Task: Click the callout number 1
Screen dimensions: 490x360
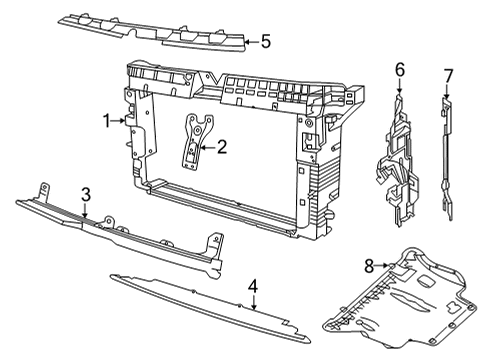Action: coord(106,121)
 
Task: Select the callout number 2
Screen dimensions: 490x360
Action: coord(222,147)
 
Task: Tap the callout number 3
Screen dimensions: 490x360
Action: coord(86,195)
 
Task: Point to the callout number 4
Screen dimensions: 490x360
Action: coord(253,286)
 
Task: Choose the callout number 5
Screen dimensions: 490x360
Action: coord(266,42)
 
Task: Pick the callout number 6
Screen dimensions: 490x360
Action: coord(400,70)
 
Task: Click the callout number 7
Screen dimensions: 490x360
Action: coord(448,76)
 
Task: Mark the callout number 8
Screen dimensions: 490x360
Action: coord(369,266)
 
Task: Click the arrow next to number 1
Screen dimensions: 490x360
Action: coord(118,121)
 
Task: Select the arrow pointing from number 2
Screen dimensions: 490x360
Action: coord(207,147)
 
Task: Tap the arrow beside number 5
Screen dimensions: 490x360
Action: coord(252,42)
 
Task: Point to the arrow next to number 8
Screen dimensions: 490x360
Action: coord(382,266)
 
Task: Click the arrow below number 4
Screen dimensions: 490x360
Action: coord(254,302)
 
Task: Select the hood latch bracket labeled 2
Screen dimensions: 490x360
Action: coord(197,142)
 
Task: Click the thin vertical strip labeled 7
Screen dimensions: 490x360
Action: coord(447,159)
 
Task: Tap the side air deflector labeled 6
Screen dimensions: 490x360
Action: coord(398,160)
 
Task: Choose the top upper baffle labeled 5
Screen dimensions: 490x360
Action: coord(153,33)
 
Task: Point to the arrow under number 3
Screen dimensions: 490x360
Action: coord(85,211)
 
